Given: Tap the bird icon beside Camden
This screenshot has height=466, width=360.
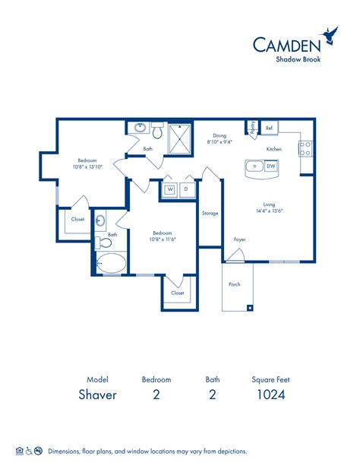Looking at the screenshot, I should point(330,34).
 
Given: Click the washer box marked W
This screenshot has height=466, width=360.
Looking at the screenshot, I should point(170,189).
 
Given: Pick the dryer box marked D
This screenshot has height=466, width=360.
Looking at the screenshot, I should point(185,189).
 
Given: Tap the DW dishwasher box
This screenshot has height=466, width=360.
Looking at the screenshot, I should point(270,165).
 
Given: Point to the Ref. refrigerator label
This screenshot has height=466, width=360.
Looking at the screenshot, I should point(269,128).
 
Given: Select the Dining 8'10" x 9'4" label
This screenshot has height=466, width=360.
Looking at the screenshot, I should point(219,138).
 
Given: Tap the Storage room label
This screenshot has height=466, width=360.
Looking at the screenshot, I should point(210,213).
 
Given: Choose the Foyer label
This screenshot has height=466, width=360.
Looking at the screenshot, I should point(239,239).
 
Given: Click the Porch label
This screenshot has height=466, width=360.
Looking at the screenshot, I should point(235,285).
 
